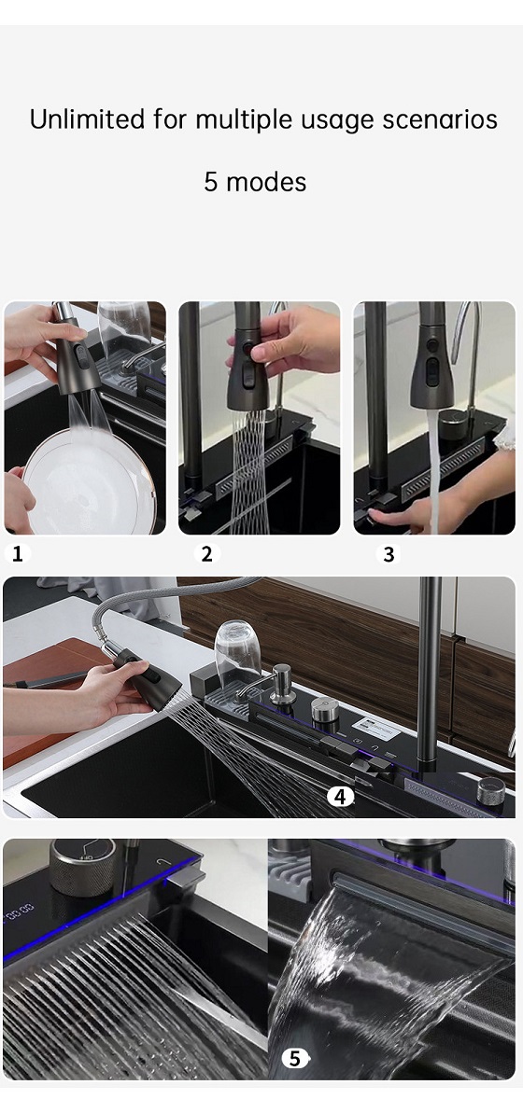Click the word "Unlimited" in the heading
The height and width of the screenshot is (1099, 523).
tap(88, 119)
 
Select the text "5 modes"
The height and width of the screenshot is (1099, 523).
tap(255, 182)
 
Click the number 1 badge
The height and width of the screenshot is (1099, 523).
tap(18, 554)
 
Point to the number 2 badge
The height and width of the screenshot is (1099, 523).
tap(206, 554)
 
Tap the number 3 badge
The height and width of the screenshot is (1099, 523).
tap(389, 554)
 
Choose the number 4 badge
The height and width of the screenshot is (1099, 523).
tap(341, 796)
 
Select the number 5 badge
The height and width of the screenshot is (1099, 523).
tap(295, 1058)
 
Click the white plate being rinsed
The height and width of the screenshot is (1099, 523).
tap(90, 480)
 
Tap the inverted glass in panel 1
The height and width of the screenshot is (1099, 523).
tap(124, 329)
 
